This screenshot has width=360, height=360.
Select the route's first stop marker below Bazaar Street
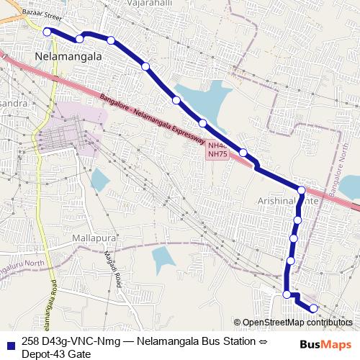click(48, 31)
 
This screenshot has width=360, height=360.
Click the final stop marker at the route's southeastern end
click(313, 308)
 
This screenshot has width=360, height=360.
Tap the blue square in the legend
click(9, 342)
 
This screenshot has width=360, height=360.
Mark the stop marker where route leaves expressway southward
click(301, 191)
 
